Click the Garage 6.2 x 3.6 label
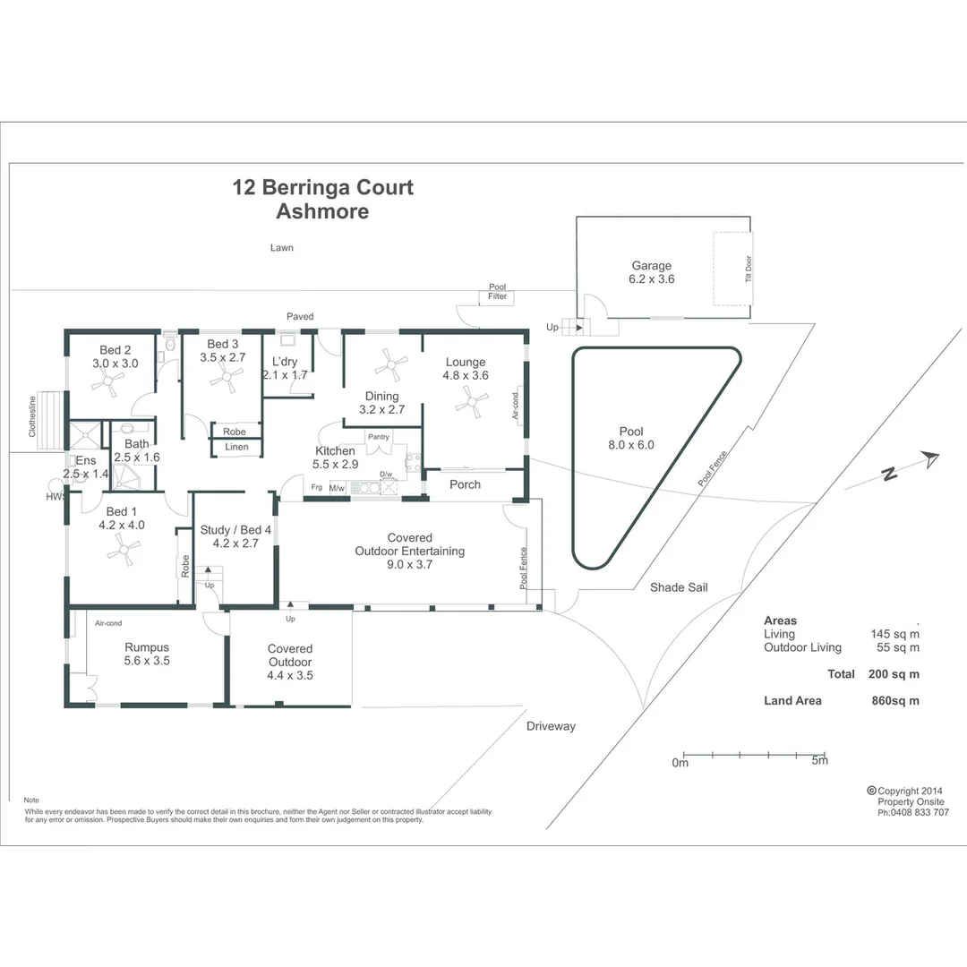pyautogui.click(x=651, y=272)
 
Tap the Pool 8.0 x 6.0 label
pyautogui.click(x=632, y=438)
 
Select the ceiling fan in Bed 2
pyautogui.click(x=108, y=383)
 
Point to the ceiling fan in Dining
pyautogui.click(x=391, y=364)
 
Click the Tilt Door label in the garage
pyautogui.click(x=749, y=270)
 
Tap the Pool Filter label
pyautogui.click(x=497, y=292)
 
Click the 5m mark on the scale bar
pyautogui.click(x=818, y=761)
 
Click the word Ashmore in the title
pyautogui.click(x=322, y=212)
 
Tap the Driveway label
pyautogui.click(x=551, y=726)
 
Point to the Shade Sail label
pyautogui.click(x=680, y=587)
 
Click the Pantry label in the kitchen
pyautogui.click(x=379, y=437)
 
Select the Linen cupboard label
pyautogui.click(x=236, y=447)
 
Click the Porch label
pyautogui.click(x=465, y=484)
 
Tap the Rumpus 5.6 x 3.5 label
pyautogui.click(x=147, y=654)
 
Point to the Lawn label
pyautogui.click(x=282, y=248)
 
